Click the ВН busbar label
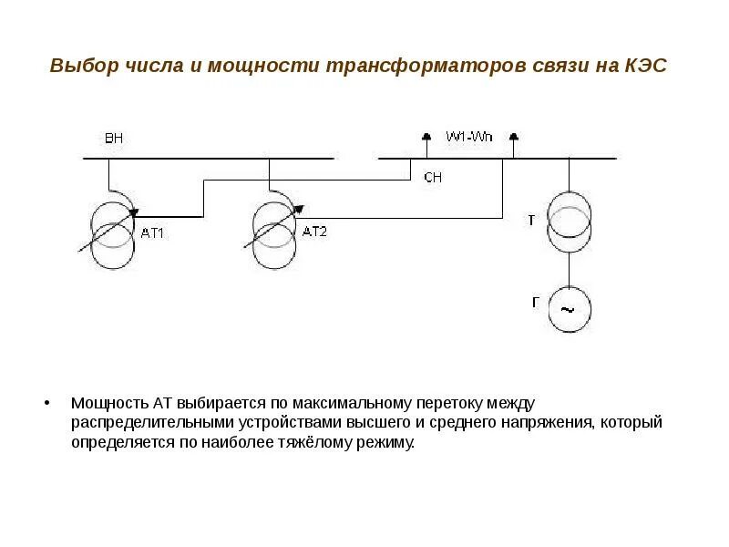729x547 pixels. (x=114, y=139)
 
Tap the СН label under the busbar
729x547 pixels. (x=433, y=178)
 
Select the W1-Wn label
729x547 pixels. (x=468, y=137)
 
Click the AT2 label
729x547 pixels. (x=314, y=232)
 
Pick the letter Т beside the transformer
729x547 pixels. (x=532, y=220)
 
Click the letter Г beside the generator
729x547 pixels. (x=536, y=300)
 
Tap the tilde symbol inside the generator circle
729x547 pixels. (x=568, y=310)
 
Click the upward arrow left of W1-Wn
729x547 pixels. (x=425, y=137)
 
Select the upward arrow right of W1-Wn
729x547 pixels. (x=513, y=137)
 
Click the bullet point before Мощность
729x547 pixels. (x=48, y=403)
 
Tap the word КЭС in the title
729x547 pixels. (x=648, y=67)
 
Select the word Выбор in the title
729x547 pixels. (x=79, y=67)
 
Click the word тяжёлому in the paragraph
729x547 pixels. (x=325, y=442)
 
